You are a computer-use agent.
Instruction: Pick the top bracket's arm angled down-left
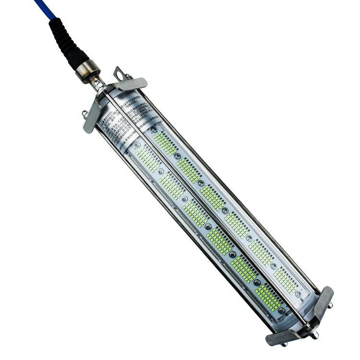click(x=92, y=117)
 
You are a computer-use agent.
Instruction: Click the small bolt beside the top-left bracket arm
click(x=84, y=113)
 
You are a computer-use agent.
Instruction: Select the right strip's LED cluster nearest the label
click(x=164, y=143)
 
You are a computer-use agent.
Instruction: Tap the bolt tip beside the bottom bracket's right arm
click(x=331, y=306)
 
